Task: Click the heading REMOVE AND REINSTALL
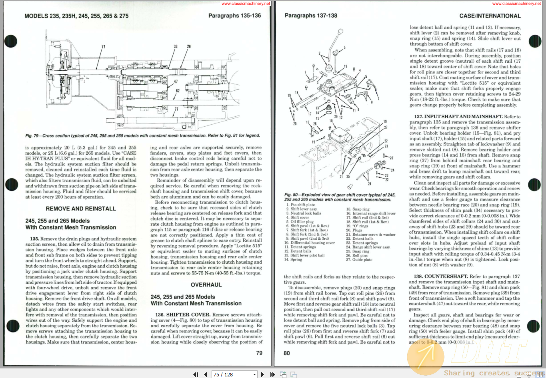pyautogui.click(x=81, y=209)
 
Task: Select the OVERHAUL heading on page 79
pyautogui.click(x=206, y=285)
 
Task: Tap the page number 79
pyautogui.click(x=259, y=353)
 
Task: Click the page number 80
pyautogui.click(x=287, y=353)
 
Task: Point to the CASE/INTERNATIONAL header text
pyautogui.click(x=490, y=16)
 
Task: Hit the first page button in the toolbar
pyautogui.click(x=196, y=374)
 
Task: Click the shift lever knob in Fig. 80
pyautogui.click(x=340, y=32)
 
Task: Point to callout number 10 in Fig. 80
pyautogui.click(x=331, y=121)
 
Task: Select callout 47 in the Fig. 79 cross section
pyautogui.click(x=176, y=82)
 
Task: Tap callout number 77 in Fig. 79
pyautogui.click(x=176, y=109)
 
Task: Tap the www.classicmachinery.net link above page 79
pyautogui.click(x=246, y=4)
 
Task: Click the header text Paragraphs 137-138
pyautogui.click(x=311, y=16)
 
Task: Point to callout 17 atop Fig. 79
pyautogui.click(x=103, y=47)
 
